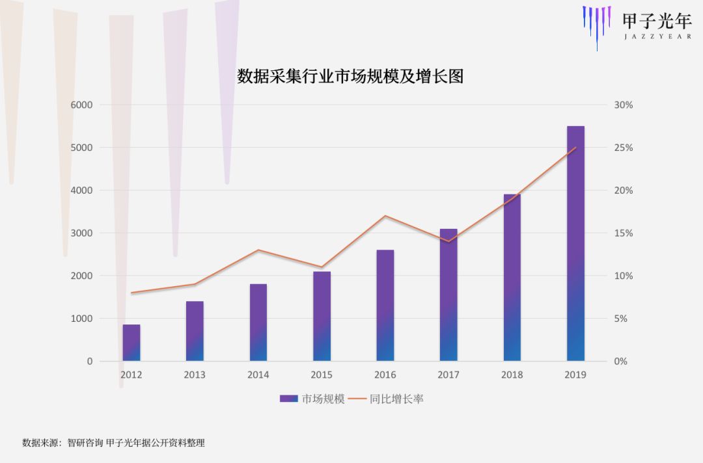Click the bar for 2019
(575, 244)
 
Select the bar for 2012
(131, 343)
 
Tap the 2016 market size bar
(385, 306)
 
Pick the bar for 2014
(258, 323)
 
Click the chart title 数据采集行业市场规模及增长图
(350, 77)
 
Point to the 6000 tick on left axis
(81, 105)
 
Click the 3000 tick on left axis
(81, 233)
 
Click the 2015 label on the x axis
(322, 375)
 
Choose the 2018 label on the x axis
(512, 375)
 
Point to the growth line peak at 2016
(385, 216)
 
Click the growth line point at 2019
(575, 148)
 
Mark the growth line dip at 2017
(448, 241)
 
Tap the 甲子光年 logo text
(656, 21)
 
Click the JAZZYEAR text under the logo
(657, 37)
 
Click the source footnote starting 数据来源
(113, 443)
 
